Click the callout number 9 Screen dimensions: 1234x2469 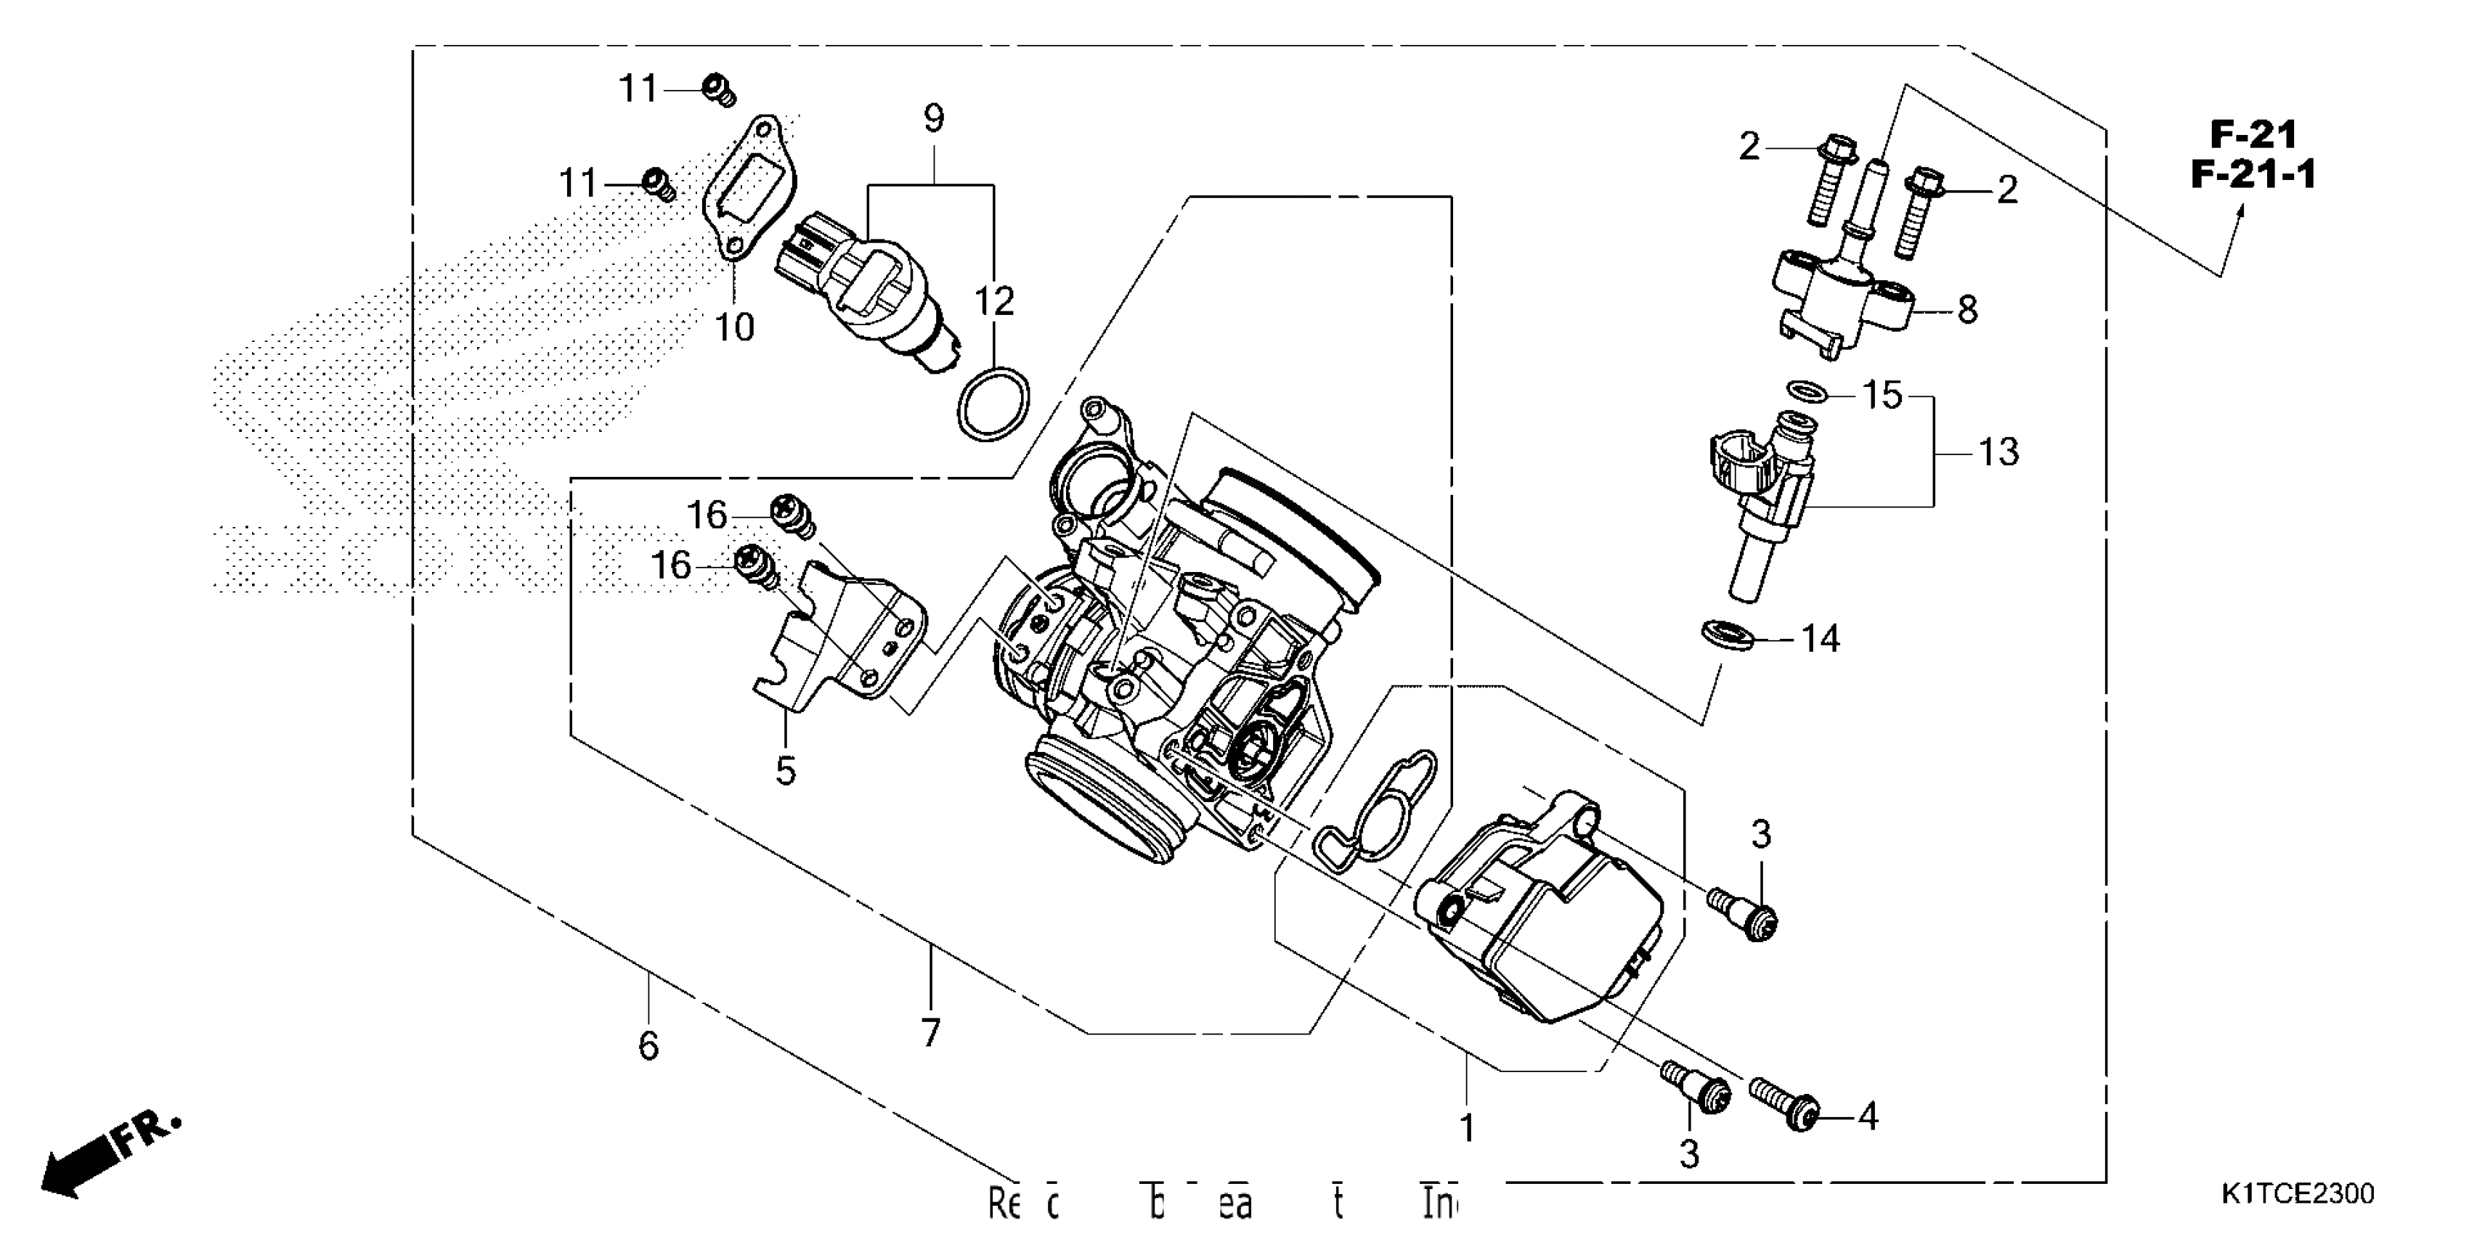click(934, 120)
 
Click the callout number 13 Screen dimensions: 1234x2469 click(1998, 452)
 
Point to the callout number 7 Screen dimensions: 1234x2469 click(930, 1032)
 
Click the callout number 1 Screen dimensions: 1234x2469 click(1466, 1129)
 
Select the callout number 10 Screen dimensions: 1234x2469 click(735, 327)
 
